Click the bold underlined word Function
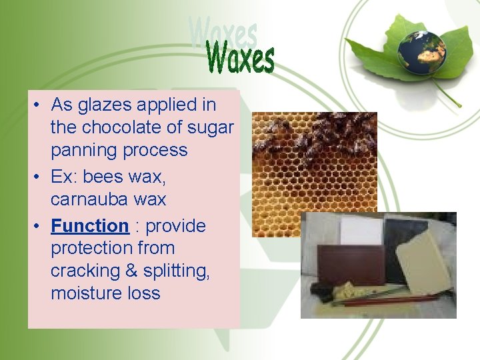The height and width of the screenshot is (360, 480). coord(90,225)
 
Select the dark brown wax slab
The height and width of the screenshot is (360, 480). coord(351,263)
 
